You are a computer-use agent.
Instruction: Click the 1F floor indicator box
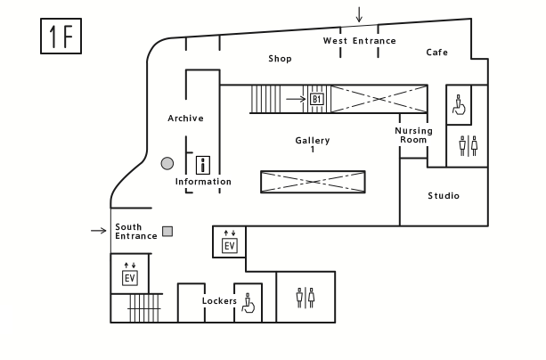(61, 37)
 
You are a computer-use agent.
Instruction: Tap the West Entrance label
(359, 41)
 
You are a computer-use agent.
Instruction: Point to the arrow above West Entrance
(359, 14)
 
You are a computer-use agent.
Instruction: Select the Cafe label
(436, 53)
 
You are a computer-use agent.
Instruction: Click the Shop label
(280, 59)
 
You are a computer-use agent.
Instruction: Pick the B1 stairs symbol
(316, 99)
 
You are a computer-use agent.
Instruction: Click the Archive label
(185, 119)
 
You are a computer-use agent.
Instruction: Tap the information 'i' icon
(203, 164)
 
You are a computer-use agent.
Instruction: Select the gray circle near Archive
(167, 163)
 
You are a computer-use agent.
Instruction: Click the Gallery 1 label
(313, 144)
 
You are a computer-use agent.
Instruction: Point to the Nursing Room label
(413, 135)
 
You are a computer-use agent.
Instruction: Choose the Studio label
(444, 196)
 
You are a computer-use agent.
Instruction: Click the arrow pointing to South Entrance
(98, 231)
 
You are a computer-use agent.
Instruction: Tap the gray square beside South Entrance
(167, 232)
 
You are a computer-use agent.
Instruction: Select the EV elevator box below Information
(229, 245)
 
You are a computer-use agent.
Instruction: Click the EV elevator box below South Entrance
(129, 278)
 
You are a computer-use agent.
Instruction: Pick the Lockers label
(219, 301)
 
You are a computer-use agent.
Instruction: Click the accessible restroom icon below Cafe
(458, 105)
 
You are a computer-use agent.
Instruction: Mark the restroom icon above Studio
(468, 145)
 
